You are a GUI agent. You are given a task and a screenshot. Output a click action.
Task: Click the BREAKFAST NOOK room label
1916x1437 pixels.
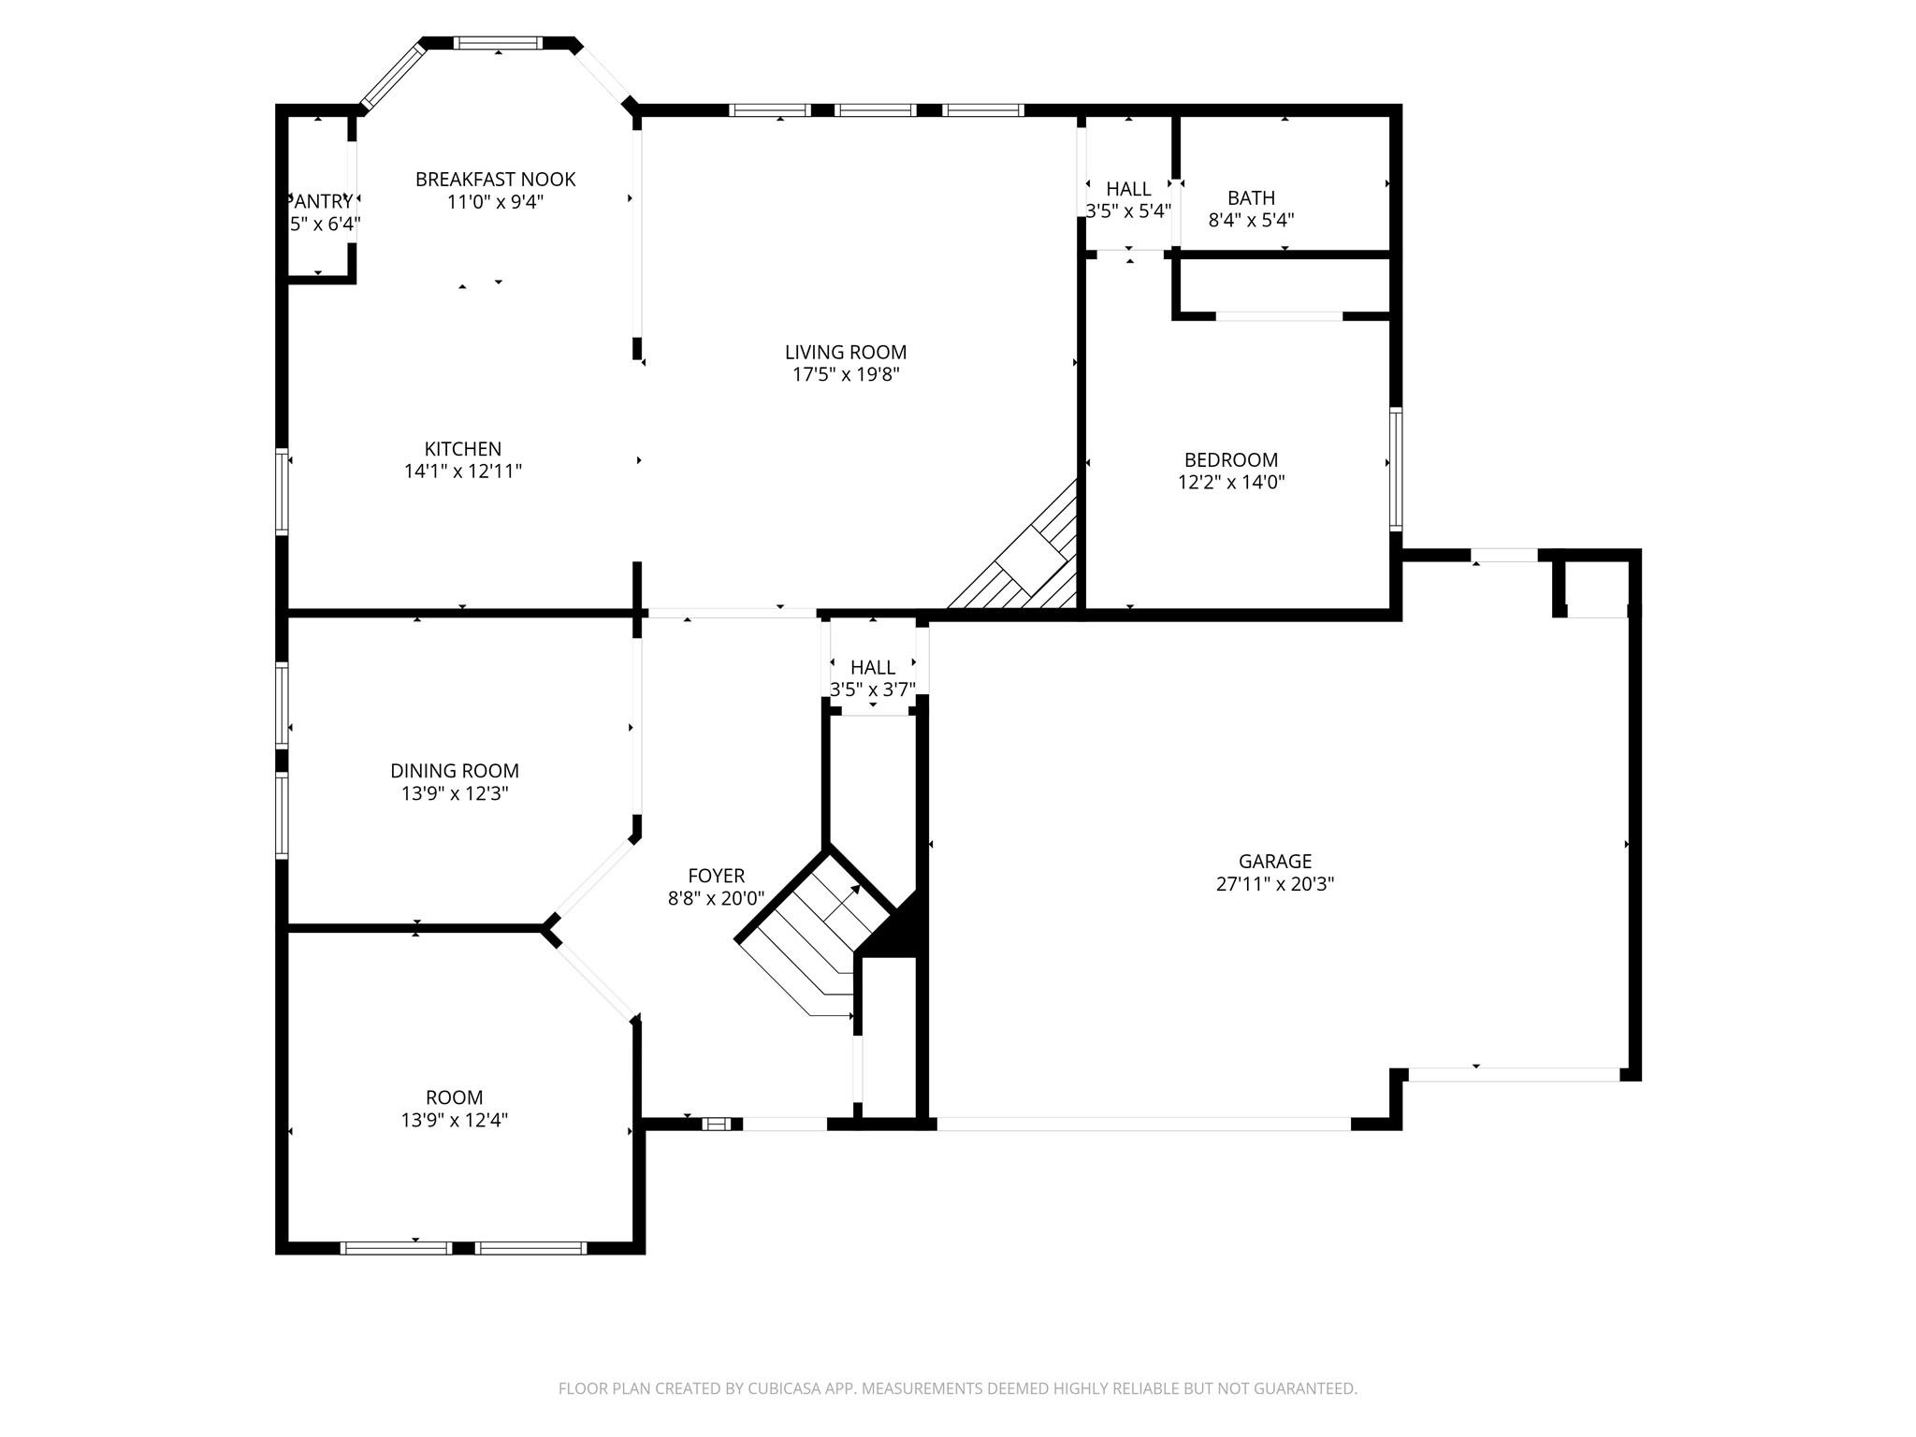click(495, 179)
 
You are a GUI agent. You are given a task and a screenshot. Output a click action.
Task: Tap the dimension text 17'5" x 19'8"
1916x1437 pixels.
click(846, 375)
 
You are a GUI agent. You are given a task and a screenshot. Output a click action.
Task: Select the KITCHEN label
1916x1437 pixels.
click(462, 449)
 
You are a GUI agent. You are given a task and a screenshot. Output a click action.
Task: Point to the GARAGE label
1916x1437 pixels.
click(1274, 861)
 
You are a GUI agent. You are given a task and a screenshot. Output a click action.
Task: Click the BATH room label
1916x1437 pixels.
click(1251, 197)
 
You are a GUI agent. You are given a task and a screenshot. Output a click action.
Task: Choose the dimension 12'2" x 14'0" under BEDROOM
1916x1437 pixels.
click(1231, 483)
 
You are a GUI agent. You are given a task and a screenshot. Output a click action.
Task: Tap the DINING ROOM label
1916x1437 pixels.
click(455, 771)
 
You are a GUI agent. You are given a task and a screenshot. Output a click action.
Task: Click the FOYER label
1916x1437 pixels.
click(716, 876)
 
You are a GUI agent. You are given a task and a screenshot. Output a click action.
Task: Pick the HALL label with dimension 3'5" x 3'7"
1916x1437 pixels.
click(873, 667)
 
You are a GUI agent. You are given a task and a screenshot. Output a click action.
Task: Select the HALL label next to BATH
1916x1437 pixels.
click(1128, 189)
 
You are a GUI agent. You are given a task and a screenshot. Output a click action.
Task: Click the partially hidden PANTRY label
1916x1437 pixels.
click(322, 201)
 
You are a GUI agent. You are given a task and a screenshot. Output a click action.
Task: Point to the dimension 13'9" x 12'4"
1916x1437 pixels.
click(455, 1120)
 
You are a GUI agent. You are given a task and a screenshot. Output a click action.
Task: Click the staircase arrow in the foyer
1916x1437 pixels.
click(846, 896)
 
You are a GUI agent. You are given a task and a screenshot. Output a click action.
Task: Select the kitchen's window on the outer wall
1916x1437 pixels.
click(282, 491)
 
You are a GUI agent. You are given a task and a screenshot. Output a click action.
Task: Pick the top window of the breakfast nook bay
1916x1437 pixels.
click(498, 43)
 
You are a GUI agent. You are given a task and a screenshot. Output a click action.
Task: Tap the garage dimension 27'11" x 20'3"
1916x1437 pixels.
click(1274, 884)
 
